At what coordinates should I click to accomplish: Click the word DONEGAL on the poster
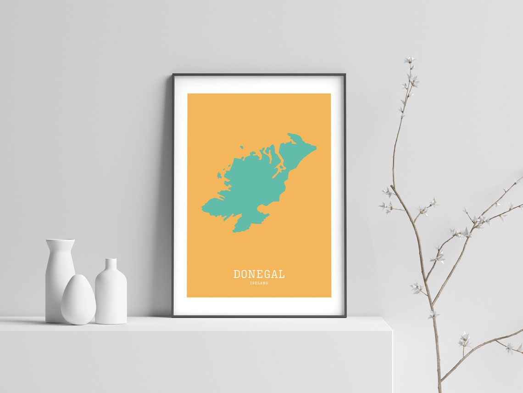(259, 274)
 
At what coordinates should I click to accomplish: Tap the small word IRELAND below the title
(259, 283)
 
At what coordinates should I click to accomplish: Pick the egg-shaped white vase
(78, 300)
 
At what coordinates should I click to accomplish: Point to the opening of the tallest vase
(60, 240)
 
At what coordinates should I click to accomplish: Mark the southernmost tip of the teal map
(235, 231)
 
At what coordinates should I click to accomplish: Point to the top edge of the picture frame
(259, 74)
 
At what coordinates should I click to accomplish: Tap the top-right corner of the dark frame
(345, 75)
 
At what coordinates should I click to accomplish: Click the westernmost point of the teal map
(202, 210)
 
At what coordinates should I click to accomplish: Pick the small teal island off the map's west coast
(219, 175)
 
